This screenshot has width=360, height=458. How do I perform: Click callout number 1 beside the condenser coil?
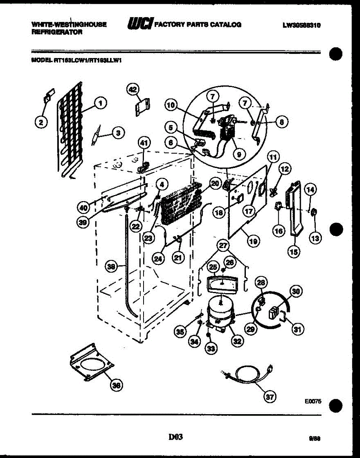100,102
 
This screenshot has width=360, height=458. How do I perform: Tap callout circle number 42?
132,89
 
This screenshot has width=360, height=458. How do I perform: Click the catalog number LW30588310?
302,25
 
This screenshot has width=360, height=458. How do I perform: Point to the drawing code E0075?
313,402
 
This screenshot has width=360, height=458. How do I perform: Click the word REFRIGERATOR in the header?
57,32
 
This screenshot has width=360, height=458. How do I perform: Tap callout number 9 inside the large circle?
239,154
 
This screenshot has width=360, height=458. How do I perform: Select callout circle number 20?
215,184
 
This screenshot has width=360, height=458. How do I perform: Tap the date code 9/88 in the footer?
315,439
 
